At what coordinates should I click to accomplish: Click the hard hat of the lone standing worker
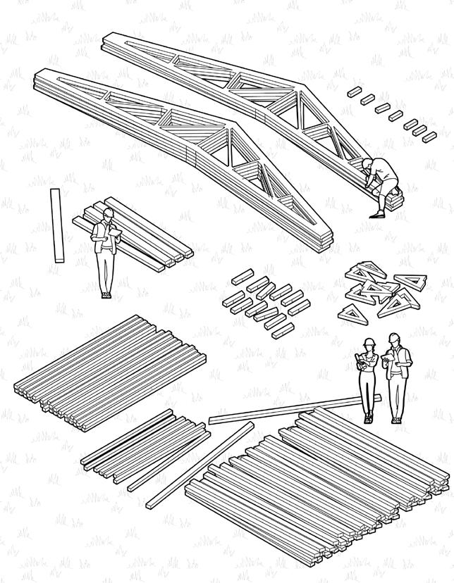pyautogui.click(x=108, y=212)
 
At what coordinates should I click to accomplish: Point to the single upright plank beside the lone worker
pyautogui.click(x=57, y=225)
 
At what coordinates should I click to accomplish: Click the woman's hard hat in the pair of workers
pyautogui.click(x=368, y=341)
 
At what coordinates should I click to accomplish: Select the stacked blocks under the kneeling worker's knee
pyautogui.click(x=391, y=201)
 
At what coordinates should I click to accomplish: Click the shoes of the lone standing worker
pyautogui.click(x=106, y=295)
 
